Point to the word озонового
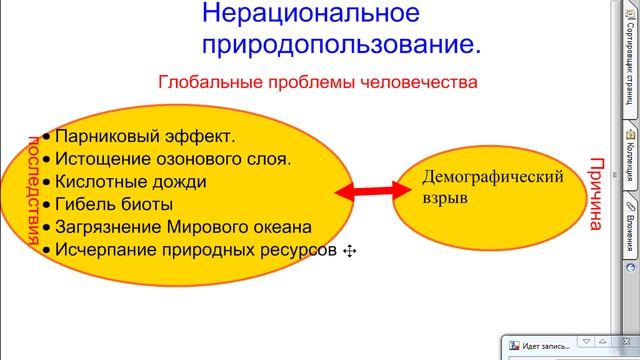(x=190, y=159)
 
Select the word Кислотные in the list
(x=99, y=181)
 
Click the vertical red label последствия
(x=31, y=189)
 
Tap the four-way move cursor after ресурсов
(x=350, y=251)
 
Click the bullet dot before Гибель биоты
(x=46, y=205)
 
